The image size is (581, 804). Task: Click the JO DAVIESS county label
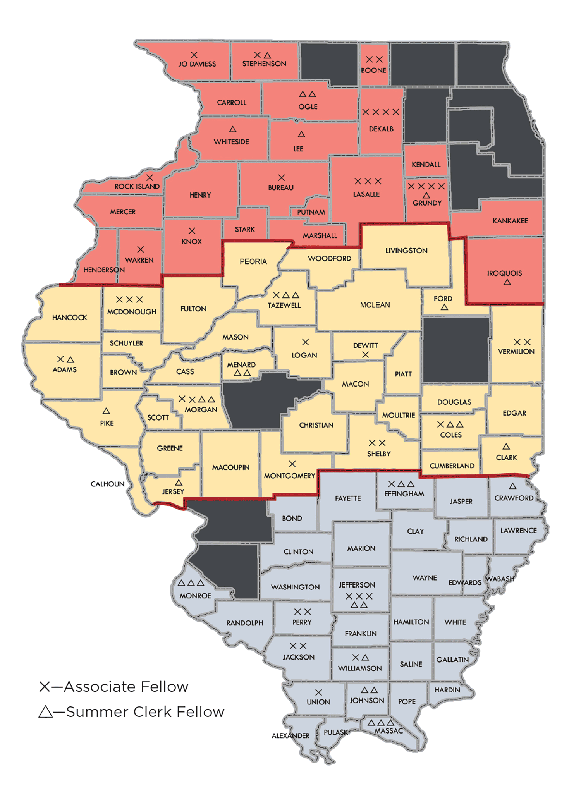click(x=197, y=64)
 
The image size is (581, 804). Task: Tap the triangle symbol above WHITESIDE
click(x=232, y=129)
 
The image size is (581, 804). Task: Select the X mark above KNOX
click(x=192, y=231)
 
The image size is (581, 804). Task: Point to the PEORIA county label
click(x=253, y=261)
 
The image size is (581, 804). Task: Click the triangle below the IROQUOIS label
click(x=507, y=282)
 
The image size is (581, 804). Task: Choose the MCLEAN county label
click(x=375, y=305)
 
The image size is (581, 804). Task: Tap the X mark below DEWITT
click(x=365, y=354)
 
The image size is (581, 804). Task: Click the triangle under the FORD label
click(x=445, y=307)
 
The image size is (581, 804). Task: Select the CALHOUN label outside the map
click(x=108, y=484)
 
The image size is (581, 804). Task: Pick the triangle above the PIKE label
click(x=106, y=411)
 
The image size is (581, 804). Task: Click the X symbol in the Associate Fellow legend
click(x=45, y=687)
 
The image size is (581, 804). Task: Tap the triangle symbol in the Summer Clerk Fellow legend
click(x=45, y=712)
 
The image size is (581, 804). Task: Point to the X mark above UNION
click(x=318, y=692)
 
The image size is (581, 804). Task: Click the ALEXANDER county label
click(x=290, y=735)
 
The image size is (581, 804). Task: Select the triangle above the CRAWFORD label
click(x=512, y=486)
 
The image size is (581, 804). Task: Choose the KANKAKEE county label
click(x=510, y=221)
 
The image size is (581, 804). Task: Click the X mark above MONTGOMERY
click(x=292, y=464)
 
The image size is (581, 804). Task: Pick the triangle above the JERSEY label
click(x=179, y=483)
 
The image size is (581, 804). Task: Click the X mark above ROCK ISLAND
click(x=150, y=178)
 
